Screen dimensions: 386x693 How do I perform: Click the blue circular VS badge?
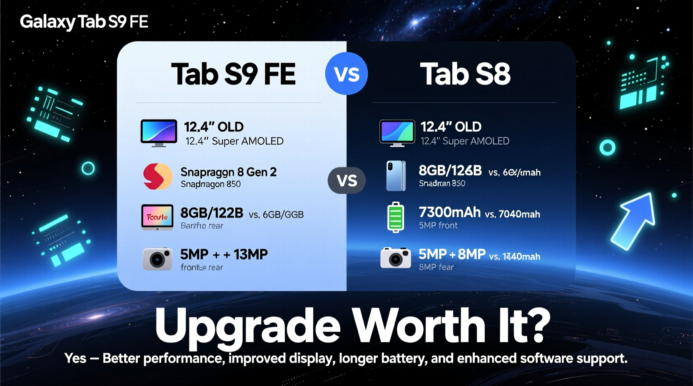[x=346, y=74]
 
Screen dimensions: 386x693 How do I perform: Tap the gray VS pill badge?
[x=346, y=181]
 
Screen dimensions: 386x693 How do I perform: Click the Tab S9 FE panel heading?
[x=233, y=74]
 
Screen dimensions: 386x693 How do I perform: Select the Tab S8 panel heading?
[x=465, y=74]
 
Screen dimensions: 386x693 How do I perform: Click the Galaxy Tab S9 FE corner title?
[x=84, y=22]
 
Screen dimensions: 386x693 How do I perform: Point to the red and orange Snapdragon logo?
[x=157, y=176]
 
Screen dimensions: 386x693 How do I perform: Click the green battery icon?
[x=396, y=217]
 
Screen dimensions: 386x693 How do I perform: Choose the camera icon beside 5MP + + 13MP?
[x=157, y=259]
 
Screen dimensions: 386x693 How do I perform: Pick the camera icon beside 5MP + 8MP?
[x=396, y=258]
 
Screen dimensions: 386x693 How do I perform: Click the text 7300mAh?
[x=450, y=212]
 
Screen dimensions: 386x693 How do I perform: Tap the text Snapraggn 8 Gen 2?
[x=228, y=172]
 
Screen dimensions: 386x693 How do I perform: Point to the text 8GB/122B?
[x=212, y=213]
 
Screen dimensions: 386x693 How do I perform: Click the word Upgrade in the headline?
[x=248, y=327]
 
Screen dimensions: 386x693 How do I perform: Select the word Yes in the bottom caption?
[x=75, y=358]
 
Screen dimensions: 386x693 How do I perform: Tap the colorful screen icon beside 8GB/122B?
[x=157, y=217]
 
